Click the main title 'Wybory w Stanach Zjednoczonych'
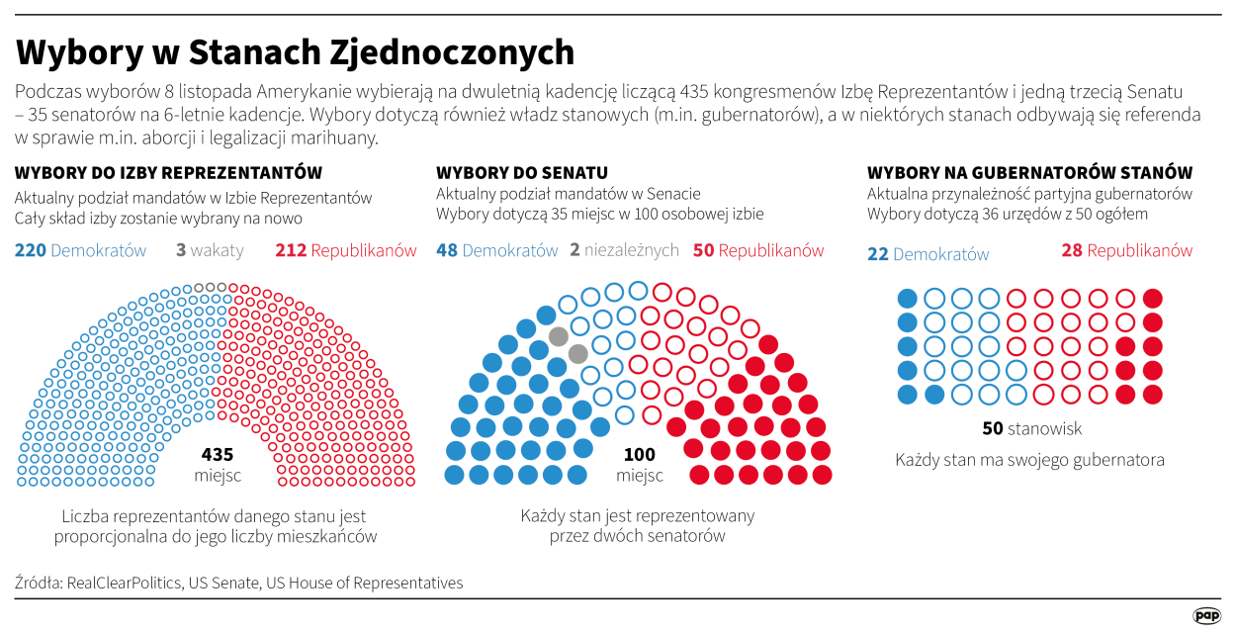point(295,51)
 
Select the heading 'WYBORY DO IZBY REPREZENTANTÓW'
point(168,172)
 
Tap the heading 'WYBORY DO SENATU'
point(521,172)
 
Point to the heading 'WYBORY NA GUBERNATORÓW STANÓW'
point(1029,172)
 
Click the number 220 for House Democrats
point(31,250)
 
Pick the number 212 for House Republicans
point(291,250)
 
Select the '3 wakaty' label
point(210,250)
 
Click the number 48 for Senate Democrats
point(447,250)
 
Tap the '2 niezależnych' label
point(624,250)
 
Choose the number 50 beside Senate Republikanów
point(703,250)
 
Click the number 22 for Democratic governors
point(878,254)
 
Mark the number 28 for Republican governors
point(1072,250)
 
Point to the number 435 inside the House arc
point(218,455)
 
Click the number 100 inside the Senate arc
point(639,455)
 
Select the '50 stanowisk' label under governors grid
point(1031,428)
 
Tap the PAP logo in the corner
point(1205,614)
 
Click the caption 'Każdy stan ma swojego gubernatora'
point(1029,460)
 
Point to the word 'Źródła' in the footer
point(38,583)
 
